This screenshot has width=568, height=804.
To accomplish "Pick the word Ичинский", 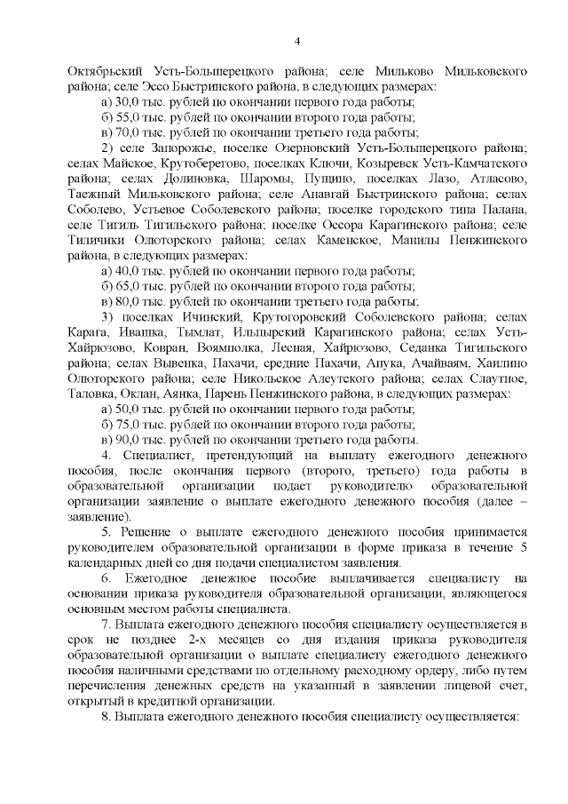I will (x=194, y=317).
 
